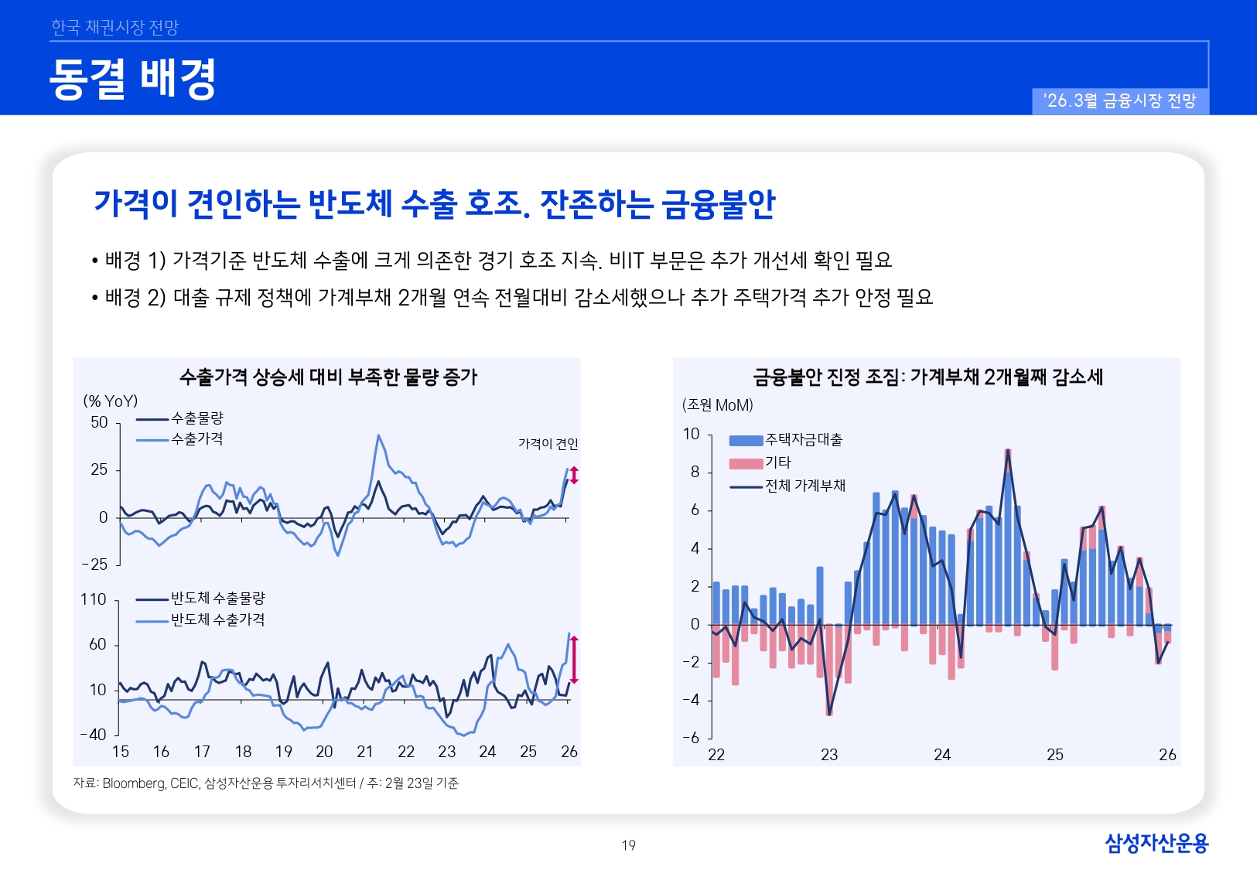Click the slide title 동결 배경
point(132,79)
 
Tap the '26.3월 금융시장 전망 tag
point(1119,101)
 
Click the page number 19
point(628,845)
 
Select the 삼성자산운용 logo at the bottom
point(1156,843)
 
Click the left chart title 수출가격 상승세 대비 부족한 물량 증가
point(328,377)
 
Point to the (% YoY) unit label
point(111,401)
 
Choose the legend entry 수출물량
point(196,418)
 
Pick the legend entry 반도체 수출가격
point(217,619)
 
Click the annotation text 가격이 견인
point(548,444)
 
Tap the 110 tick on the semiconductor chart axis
point(94,599)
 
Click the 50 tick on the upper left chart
point(99,422)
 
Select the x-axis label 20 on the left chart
point(324,752)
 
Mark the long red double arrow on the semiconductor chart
point(574,660)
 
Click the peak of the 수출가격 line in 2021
point(378,435)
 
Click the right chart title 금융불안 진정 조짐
point(927,377)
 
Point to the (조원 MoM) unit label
point(717,405)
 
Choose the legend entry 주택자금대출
point(803,440)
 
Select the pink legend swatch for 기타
point(746,464)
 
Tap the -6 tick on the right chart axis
point(691,738)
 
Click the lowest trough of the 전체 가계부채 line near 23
point(829,714)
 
